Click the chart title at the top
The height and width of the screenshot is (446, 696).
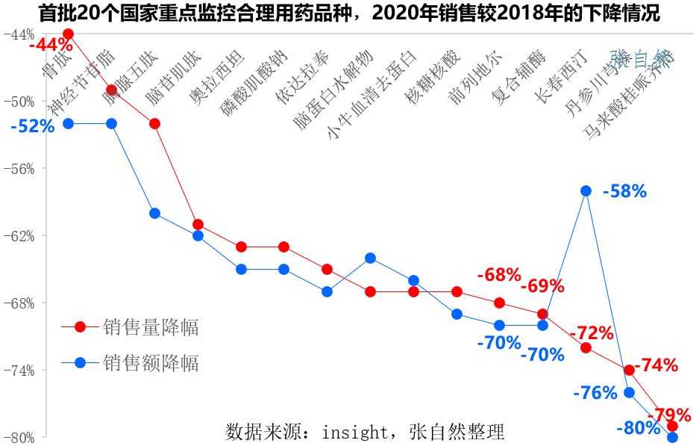pyautogui.click(x=348, y=13)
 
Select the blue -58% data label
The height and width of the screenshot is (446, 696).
pyautogui.click(x=624, y=191)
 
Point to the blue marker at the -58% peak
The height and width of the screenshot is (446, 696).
pyautogui.click(x=586, y=191)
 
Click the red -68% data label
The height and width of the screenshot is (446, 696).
pyautogui.click(x=499, y=275)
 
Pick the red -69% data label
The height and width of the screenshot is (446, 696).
pyautogui.click(x=542, y=286)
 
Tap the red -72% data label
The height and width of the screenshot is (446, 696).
pyautogui.click(x=592, y=332)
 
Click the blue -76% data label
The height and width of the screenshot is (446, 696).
pyautogui.click(x=595, y=392)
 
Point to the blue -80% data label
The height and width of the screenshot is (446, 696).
pyautogui.click(x=639, y=429)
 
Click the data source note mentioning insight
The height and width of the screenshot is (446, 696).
pyautogui.click(x=365, y=432)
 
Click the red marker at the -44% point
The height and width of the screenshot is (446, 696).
pyautogui.click(x=69, y=34)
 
